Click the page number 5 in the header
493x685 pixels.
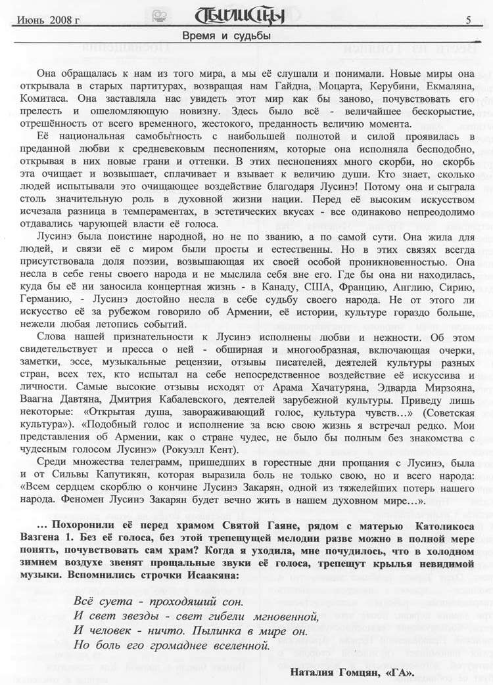click(x=469, y=20)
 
